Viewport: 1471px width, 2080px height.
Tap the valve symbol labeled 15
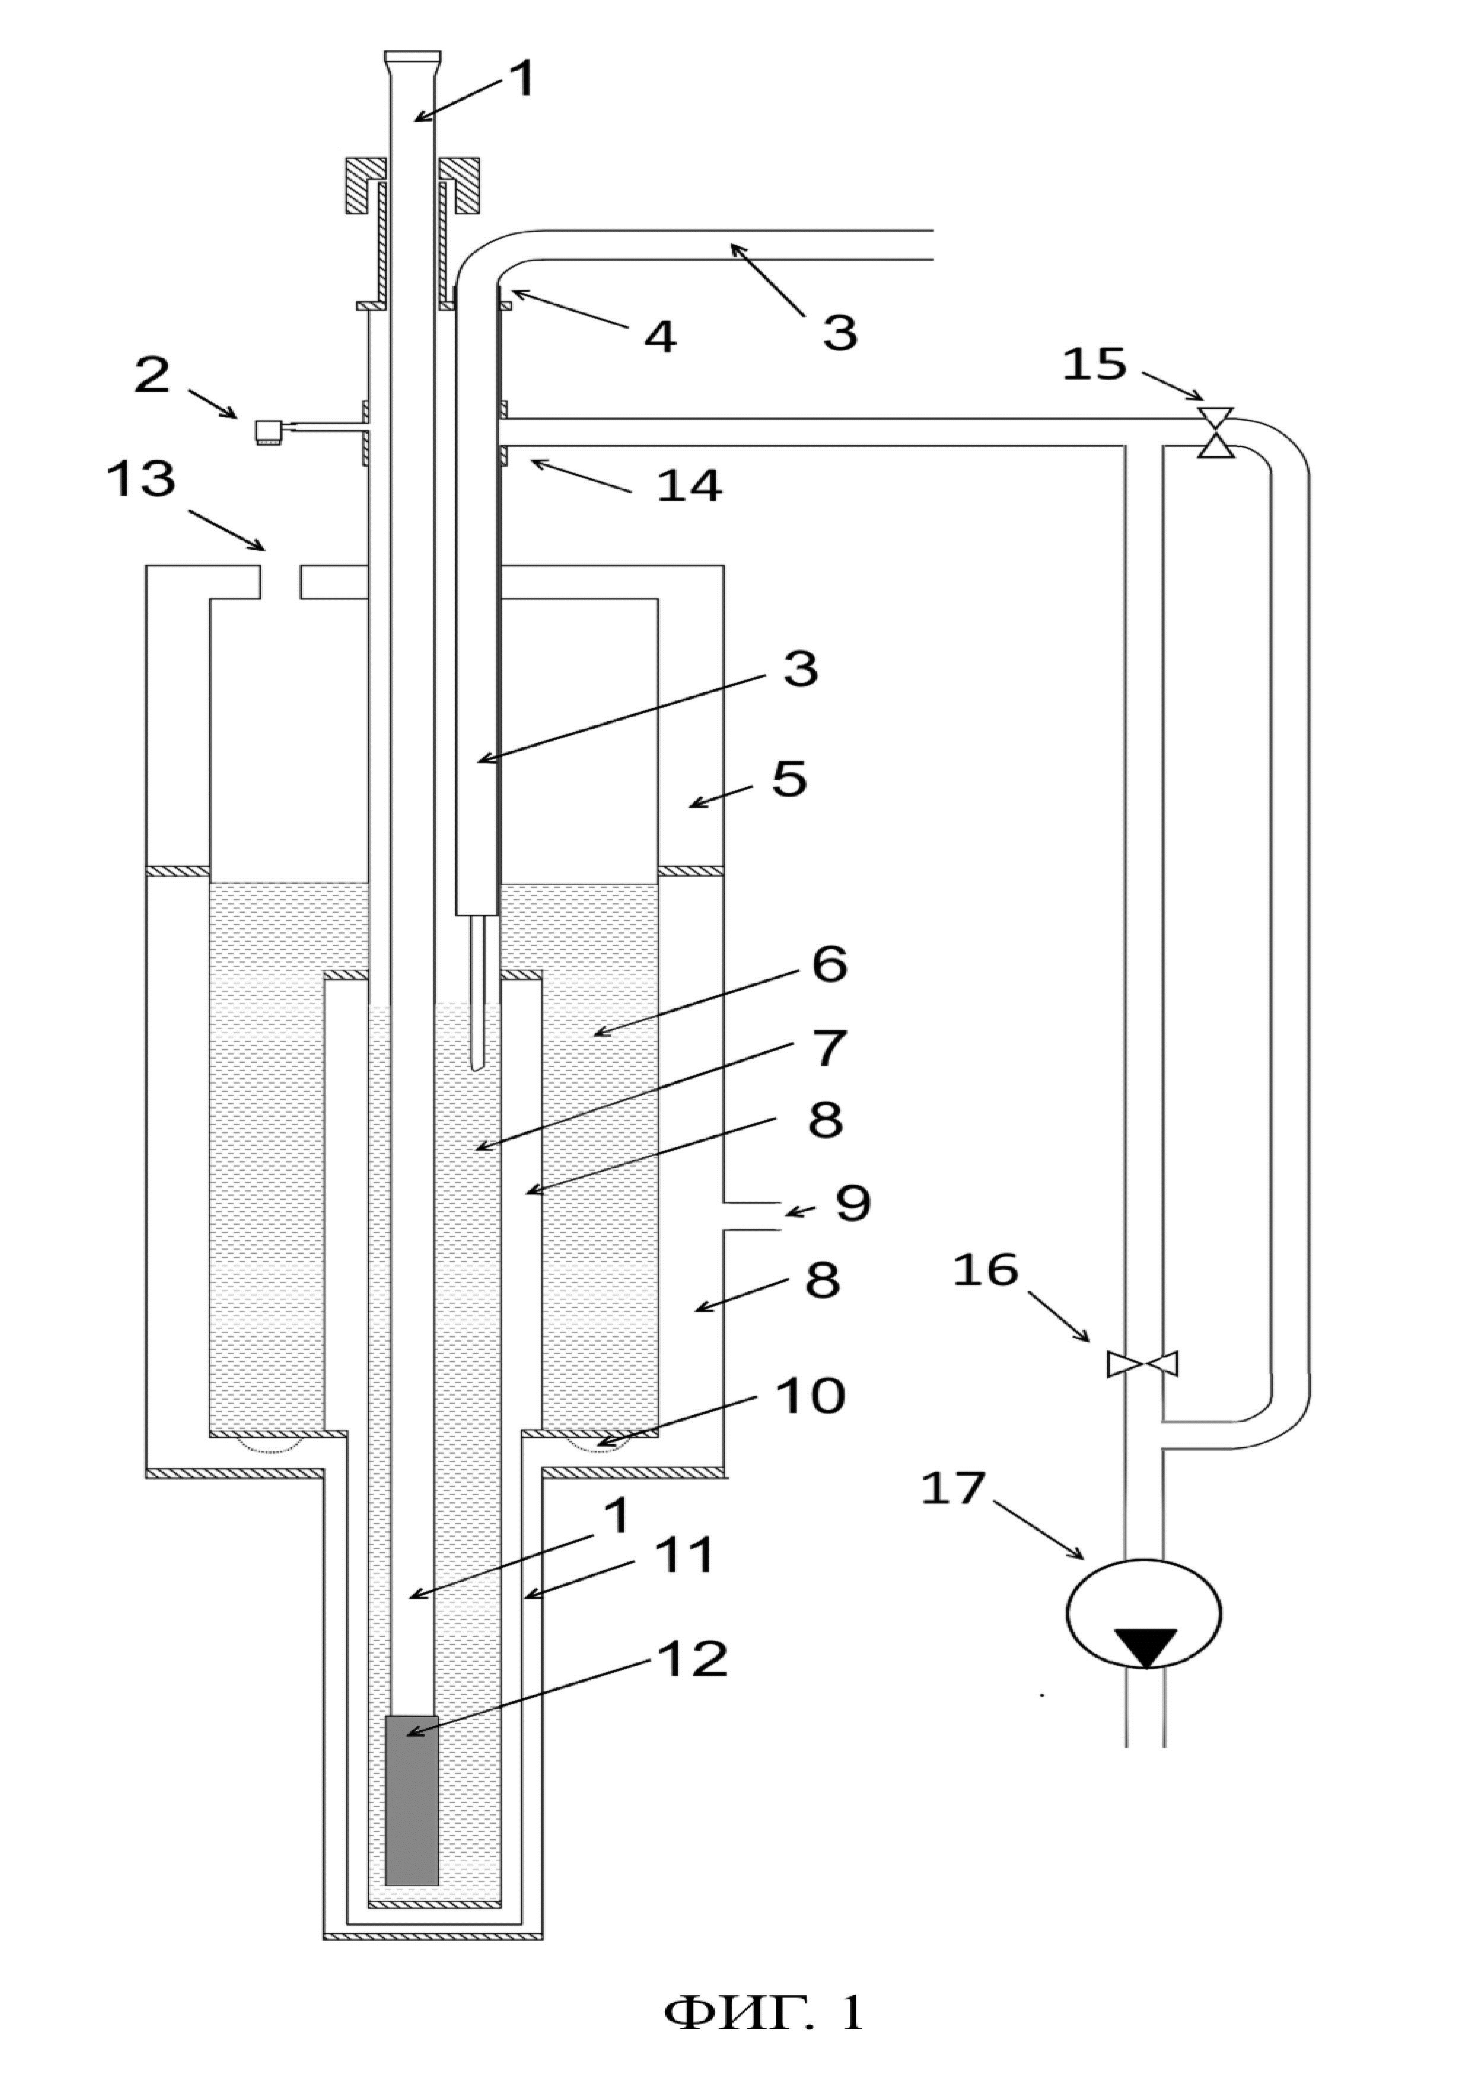point(1215,433)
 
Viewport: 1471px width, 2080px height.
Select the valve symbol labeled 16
point(1143,1364)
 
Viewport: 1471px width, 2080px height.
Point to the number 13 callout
point(141,477)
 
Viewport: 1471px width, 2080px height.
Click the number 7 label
point(828,1048)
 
